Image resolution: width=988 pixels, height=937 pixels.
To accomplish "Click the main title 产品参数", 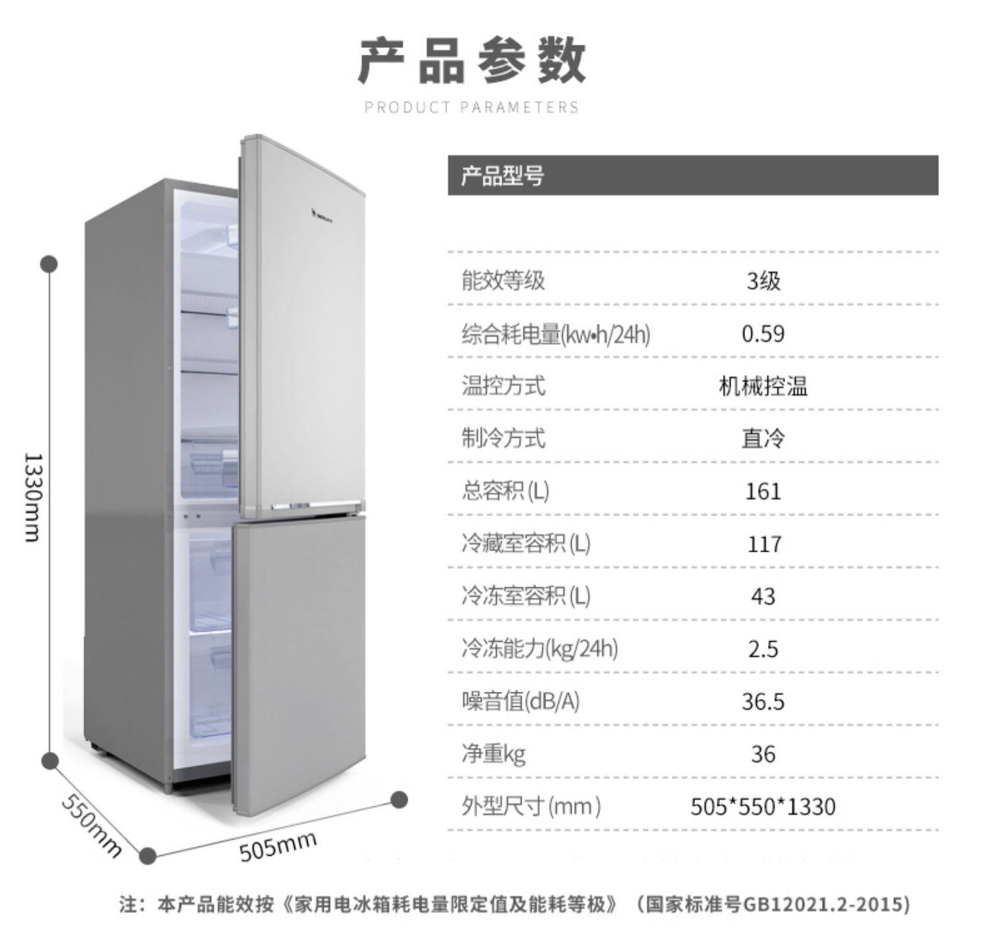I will pyautogui.click(x=472, y=61).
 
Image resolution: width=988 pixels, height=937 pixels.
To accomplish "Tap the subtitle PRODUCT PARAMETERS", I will pyautogui.click(x=472, y=107).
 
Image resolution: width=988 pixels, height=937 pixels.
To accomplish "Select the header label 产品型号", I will pyautogui.click(x=502, y=176).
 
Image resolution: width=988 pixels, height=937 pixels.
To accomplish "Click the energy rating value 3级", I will pyautogui.click(x=763, y=281).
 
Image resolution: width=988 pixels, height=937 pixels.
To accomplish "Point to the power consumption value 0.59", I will pyautogui.click(x=763, y=333).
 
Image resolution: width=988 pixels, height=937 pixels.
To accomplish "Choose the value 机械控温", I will pyautogui.click(x=763, y=386).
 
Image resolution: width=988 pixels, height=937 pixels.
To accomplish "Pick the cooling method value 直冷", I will pyautogui.click(x=763, y=439).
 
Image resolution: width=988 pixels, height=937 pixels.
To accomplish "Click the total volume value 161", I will pyautogui.click(x=763, y=492).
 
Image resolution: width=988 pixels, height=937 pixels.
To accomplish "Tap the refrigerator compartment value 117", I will pyautogui.click(x=764, y=544).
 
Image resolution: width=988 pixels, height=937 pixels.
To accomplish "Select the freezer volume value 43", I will pyautogui.click(x=763, y=596).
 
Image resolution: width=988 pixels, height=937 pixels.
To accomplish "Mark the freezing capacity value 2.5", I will pyautogui.click(x=763, y=649).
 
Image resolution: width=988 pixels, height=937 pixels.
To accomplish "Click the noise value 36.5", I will pyautogui.click(x=763, y=701).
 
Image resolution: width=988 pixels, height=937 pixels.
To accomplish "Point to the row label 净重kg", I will pyautogui.click(x=493, y=753).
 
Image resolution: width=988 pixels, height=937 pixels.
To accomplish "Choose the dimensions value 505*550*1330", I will pyautogui.click(x=763, y=807).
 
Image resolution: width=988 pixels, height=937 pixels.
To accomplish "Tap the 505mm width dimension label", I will pyautogui.click(x=277, y=845).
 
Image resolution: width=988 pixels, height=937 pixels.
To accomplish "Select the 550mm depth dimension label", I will pyautogui.click(x=92, y=825).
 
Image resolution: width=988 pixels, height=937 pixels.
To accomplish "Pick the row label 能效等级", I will pyautogui.click(x=503, y=281).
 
